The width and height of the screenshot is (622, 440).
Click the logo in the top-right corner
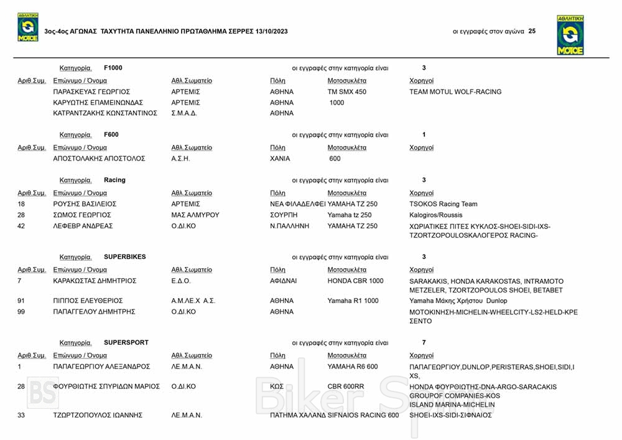coord(570,36)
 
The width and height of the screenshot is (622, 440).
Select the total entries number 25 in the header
coord(532,31)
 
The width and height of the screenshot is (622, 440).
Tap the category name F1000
coord(113,68)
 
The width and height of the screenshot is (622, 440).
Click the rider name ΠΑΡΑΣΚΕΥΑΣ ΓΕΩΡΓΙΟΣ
coord(91,91)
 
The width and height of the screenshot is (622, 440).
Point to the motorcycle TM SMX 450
coord(347,91)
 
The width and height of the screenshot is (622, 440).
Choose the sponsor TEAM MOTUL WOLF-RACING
coord(455,91)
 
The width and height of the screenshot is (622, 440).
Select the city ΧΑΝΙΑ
coord(280,159)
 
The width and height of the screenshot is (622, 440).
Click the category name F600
coord(111,134)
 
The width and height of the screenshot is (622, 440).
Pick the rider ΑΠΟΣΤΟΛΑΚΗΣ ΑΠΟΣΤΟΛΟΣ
coord(100,159)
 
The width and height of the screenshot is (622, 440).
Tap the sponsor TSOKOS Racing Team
coord(443,204)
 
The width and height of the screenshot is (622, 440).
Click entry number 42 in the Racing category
coord(21,226)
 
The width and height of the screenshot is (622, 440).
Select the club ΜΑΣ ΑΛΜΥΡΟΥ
coord(195,215)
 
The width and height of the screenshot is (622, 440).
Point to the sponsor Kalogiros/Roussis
coord(436,215)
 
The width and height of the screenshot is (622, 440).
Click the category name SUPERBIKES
coord(125,256)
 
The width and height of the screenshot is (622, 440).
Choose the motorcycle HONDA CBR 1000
coord(356,281)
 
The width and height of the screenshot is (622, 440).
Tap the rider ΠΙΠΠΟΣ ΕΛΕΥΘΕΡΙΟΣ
coord(88,301)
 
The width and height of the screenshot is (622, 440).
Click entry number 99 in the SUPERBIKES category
coord(21,312)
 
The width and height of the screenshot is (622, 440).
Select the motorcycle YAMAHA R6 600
coord(353,367)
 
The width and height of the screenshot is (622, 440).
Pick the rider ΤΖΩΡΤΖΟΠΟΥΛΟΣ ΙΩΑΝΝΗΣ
coord(98,415)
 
